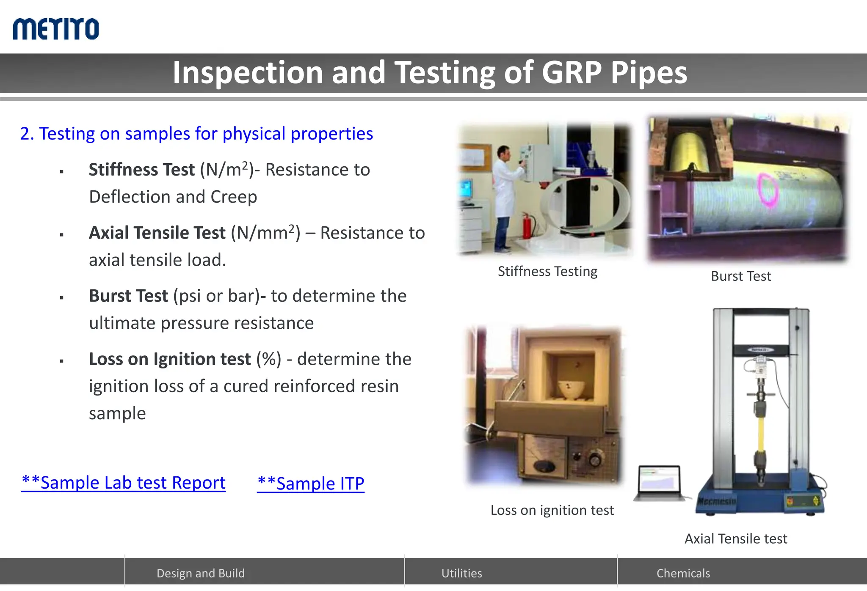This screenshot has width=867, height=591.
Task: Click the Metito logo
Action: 56,29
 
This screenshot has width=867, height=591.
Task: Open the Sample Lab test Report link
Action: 123,483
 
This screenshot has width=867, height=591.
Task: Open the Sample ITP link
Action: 311,484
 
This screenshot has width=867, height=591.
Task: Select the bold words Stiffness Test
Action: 141,170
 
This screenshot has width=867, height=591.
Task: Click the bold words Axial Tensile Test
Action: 157,233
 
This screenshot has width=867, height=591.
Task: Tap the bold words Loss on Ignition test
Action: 170,359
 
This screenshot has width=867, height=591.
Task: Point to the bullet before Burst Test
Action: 62,298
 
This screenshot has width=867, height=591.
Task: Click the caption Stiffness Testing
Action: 547,272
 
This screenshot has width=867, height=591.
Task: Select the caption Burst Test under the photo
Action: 741,276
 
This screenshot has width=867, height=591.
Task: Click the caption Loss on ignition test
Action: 552,510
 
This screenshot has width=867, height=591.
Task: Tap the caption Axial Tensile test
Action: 736,539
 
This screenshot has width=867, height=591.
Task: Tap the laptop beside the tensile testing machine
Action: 660,483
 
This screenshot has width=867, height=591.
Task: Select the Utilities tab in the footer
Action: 461,573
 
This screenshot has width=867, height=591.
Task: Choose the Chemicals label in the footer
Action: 683,573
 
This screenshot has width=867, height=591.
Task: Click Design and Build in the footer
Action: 201,573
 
